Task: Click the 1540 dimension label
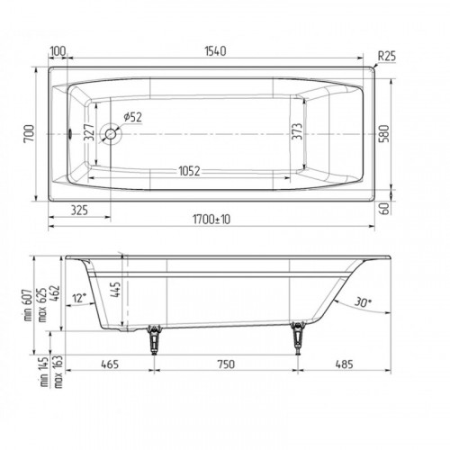click(215, 51)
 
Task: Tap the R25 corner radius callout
click(387, 56)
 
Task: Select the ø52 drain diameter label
click(132, 117)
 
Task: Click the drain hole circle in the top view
click(111, 134)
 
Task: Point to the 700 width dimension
click(30, 134)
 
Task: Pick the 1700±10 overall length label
click(211, 220)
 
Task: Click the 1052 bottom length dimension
click(189, 171)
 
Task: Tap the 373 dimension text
click(297, 131)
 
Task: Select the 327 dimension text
click(89, 132)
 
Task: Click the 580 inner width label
click(384, 134)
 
